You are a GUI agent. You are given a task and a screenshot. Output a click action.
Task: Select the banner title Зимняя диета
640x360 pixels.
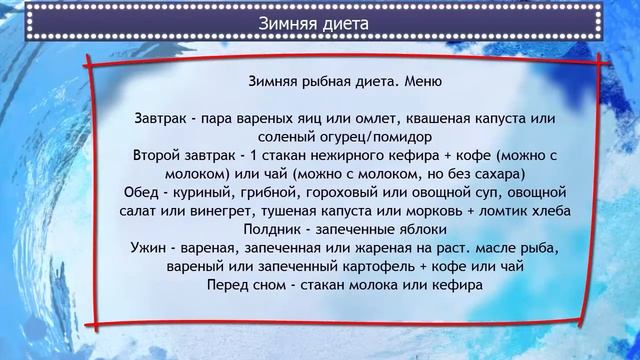(x=319, y=20)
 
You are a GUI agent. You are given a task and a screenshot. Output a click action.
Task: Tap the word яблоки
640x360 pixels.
(x=399, y=230)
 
